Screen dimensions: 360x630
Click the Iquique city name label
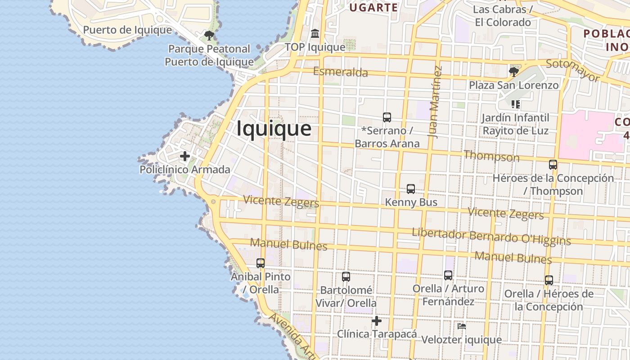274,129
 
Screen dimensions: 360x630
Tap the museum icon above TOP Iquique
315,34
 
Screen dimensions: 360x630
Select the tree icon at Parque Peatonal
209,35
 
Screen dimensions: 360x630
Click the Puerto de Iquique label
127,30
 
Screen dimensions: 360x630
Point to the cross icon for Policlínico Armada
184,156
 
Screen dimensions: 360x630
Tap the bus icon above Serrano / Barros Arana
387,117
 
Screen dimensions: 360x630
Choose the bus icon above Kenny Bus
411,189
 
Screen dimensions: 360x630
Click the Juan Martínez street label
435,102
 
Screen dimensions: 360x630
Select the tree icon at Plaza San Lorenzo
513,72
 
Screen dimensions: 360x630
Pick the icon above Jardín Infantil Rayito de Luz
516,104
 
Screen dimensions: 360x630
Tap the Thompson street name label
491,157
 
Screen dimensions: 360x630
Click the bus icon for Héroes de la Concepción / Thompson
553,165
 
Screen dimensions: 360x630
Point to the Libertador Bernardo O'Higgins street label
491,236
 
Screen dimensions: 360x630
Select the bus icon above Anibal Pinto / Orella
261,263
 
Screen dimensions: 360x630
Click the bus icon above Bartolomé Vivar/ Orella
346,277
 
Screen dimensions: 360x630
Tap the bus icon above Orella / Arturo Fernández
448,275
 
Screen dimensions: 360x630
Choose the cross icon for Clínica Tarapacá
377,321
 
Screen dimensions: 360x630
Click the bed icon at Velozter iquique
461,326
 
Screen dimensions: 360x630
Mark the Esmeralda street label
340,72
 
